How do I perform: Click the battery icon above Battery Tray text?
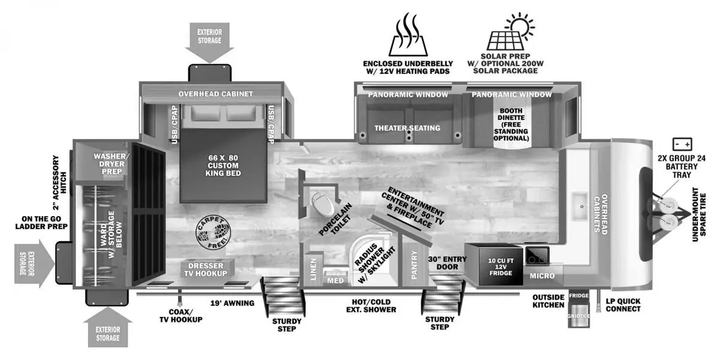click(x=682, y=145)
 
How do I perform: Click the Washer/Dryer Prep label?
click(x=109, y=163)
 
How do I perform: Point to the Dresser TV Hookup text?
click(x=206, y=269)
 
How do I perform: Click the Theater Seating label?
click(x=407, y=128)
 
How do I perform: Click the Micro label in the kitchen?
click(x=542, y=276)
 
